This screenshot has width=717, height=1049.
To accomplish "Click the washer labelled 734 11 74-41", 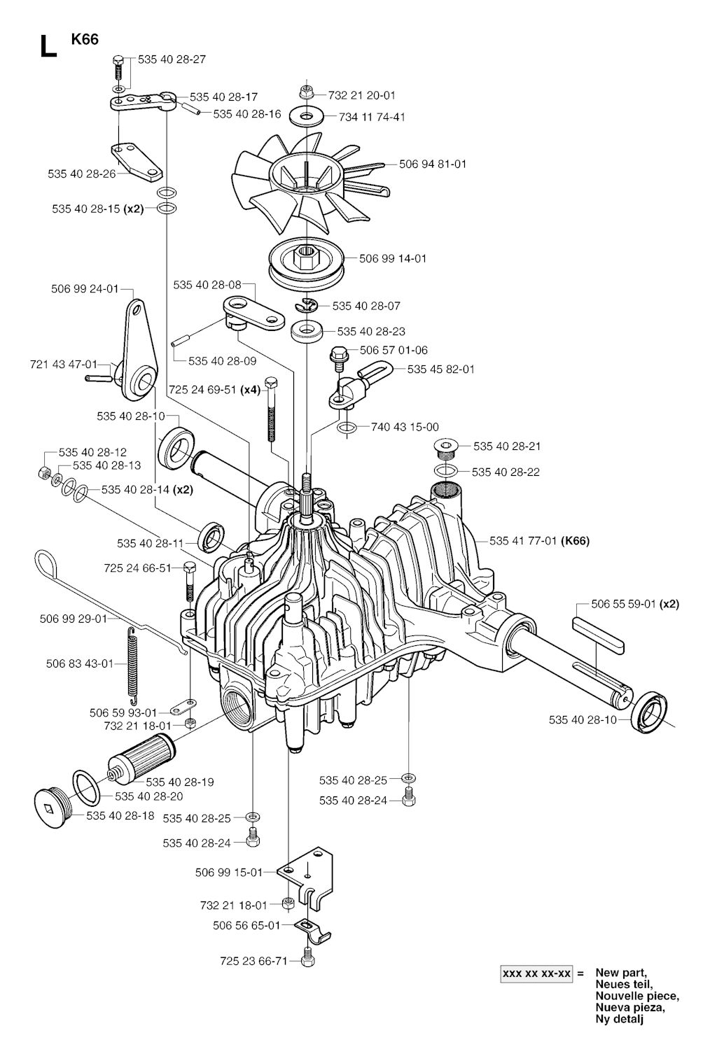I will [x=306, y=115].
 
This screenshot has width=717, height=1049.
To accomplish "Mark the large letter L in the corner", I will [x=47, y=45].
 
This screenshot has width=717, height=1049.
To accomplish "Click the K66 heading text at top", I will [x=85, y=39].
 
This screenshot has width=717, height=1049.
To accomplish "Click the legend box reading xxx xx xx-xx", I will [x=537, y=973].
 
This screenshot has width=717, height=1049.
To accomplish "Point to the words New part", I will [x=621, y=973].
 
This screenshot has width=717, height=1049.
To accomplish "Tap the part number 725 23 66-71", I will [x=253, y=962].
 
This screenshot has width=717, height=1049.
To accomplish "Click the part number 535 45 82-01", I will [x=440, y=369].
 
